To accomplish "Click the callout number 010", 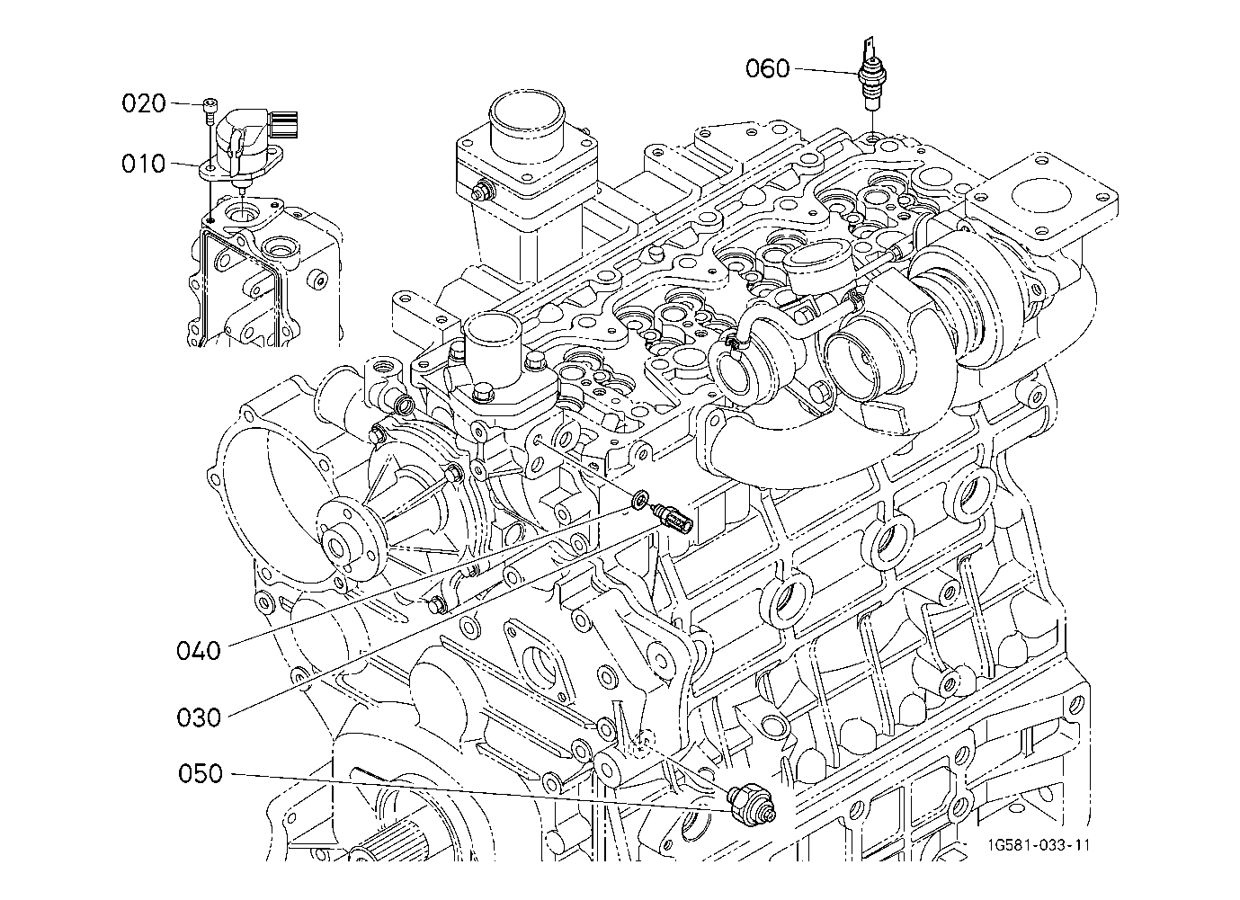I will (144, 164).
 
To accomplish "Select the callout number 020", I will (144, 103).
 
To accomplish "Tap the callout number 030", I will (199, 717).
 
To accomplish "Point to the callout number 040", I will (199, 649).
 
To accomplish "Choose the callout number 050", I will (200, 773).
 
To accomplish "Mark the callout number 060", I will (767, 68).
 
